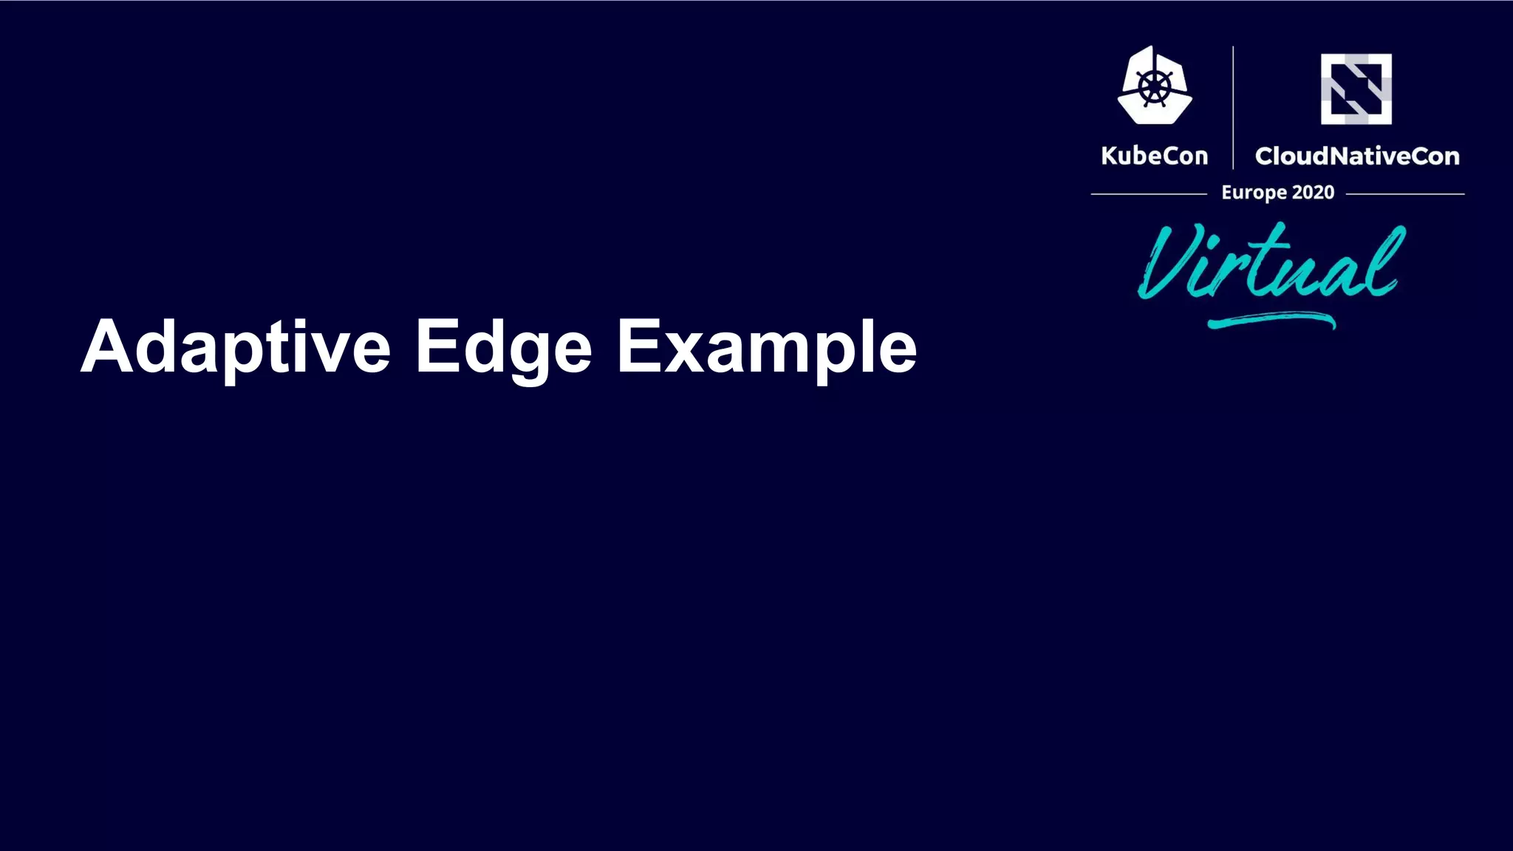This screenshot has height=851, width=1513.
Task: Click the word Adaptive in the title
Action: point(235,347)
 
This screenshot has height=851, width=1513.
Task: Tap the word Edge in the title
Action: point(503,347)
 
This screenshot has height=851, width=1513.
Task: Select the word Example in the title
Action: point(766,347)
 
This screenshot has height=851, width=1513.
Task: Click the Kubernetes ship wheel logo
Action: point(1154,86)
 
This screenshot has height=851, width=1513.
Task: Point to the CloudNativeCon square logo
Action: point(1356,89)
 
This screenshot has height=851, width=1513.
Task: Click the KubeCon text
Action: point(1154,156)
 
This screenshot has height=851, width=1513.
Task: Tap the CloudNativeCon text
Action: point(1356,156)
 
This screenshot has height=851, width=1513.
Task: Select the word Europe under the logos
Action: point(1254,193)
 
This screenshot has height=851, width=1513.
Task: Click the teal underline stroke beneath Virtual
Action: point(1271,321)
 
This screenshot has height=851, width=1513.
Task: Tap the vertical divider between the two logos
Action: point(1233,107)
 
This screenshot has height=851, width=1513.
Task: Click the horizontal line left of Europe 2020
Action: point(1148,194)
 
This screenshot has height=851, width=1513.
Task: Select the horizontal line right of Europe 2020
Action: point(1404,194)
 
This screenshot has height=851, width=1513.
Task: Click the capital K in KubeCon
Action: point(1109,156)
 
